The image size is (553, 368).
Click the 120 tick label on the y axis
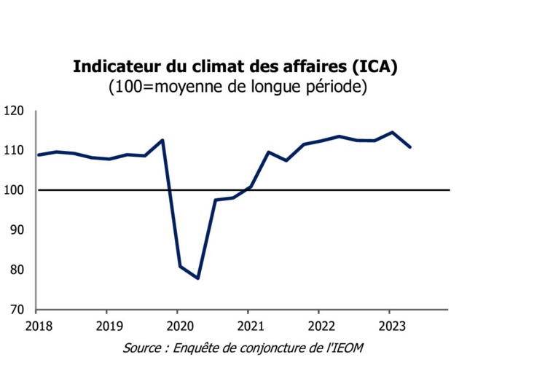15,111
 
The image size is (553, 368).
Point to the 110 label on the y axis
15,151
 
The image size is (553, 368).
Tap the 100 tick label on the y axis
15,190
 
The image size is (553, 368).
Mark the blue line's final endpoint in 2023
410,147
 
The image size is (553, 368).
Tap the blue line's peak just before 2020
162,140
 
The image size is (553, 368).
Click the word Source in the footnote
141,348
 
